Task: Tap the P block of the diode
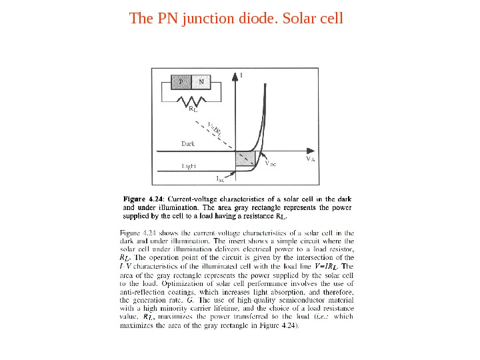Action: pos(181,82)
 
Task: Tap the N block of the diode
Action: pos(202,82)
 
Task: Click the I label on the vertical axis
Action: pos(241,75)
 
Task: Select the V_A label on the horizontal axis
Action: pos(310,159)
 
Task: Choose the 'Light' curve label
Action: pos(191,165)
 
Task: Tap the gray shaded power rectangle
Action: pos(245,159)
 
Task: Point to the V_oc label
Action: pos(271,163)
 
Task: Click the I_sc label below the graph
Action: pos(220,179)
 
